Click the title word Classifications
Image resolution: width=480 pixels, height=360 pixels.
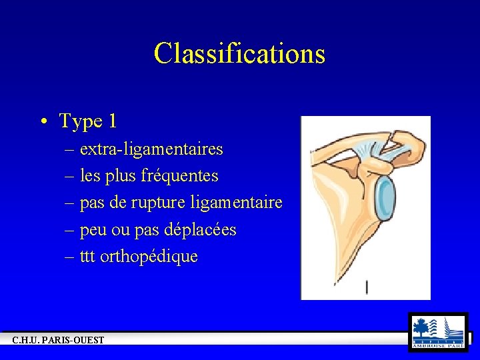[239, 53]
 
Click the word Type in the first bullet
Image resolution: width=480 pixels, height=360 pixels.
[81, 121]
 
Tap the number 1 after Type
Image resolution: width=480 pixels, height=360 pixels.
[112, 121]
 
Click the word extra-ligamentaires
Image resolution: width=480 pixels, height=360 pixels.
[151, 149]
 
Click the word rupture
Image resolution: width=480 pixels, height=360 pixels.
[162, 203]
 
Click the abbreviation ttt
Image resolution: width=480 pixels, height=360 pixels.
[87, 257]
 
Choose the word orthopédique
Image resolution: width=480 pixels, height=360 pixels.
[149, 257]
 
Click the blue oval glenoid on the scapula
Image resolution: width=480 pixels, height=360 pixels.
[386, 197]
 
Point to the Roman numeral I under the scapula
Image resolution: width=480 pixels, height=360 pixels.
[367, 287]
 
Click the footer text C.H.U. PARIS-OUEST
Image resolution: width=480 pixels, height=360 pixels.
[58, 341]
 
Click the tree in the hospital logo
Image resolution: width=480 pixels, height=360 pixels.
[421, 327]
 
